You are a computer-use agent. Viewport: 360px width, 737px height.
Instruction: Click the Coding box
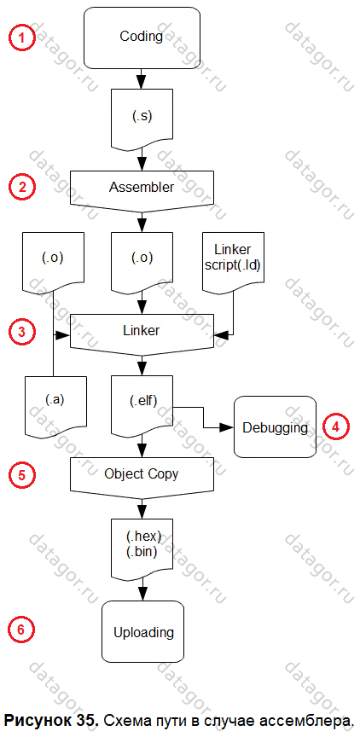141,36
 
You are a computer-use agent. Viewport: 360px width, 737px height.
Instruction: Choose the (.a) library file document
55,403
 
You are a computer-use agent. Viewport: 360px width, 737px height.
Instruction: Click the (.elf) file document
142,403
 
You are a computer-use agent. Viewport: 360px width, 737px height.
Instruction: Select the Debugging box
275,427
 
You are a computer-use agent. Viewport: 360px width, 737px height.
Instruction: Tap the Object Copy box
142,476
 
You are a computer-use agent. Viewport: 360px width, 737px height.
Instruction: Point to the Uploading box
142,632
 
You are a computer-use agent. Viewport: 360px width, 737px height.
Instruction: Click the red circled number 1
21,38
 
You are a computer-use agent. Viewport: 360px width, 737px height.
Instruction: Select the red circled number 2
21,187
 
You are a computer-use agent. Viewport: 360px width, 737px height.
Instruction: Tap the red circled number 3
21,331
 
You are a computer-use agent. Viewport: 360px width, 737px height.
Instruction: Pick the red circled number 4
335,427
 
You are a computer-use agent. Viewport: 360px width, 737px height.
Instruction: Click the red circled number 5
21,474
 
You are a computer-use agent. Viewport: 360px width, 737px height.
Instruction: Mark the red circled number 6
21,630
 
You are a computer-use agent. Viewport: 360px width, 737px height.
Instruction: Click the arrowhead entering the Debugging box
228,427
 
